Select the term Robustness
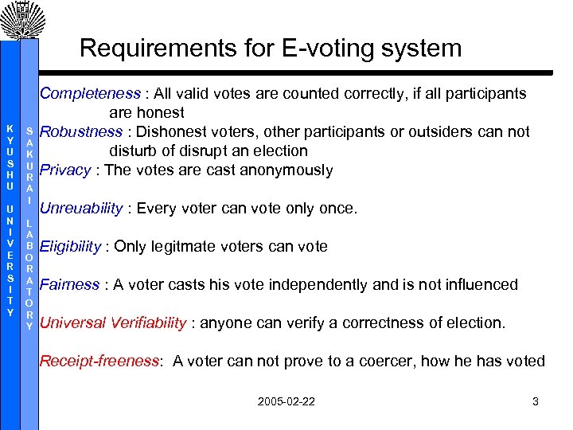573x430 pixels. (x=81, y=131)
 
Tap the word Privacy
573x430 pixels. (x=65, y=170)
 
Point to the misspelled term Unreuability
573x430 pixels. (x=81, y=209)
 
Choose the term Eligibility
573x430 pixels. (x=70, y=247)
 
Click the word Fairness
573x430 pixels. (x=69, y=284)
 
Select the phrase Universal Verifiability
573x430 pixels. (x=113, y=322)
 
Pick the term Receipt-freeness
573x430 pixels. (x=99, y=361)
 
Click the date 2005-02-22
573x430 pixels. (x=286, y=401)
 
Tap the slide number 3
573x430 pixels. (x=536, y=401)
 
